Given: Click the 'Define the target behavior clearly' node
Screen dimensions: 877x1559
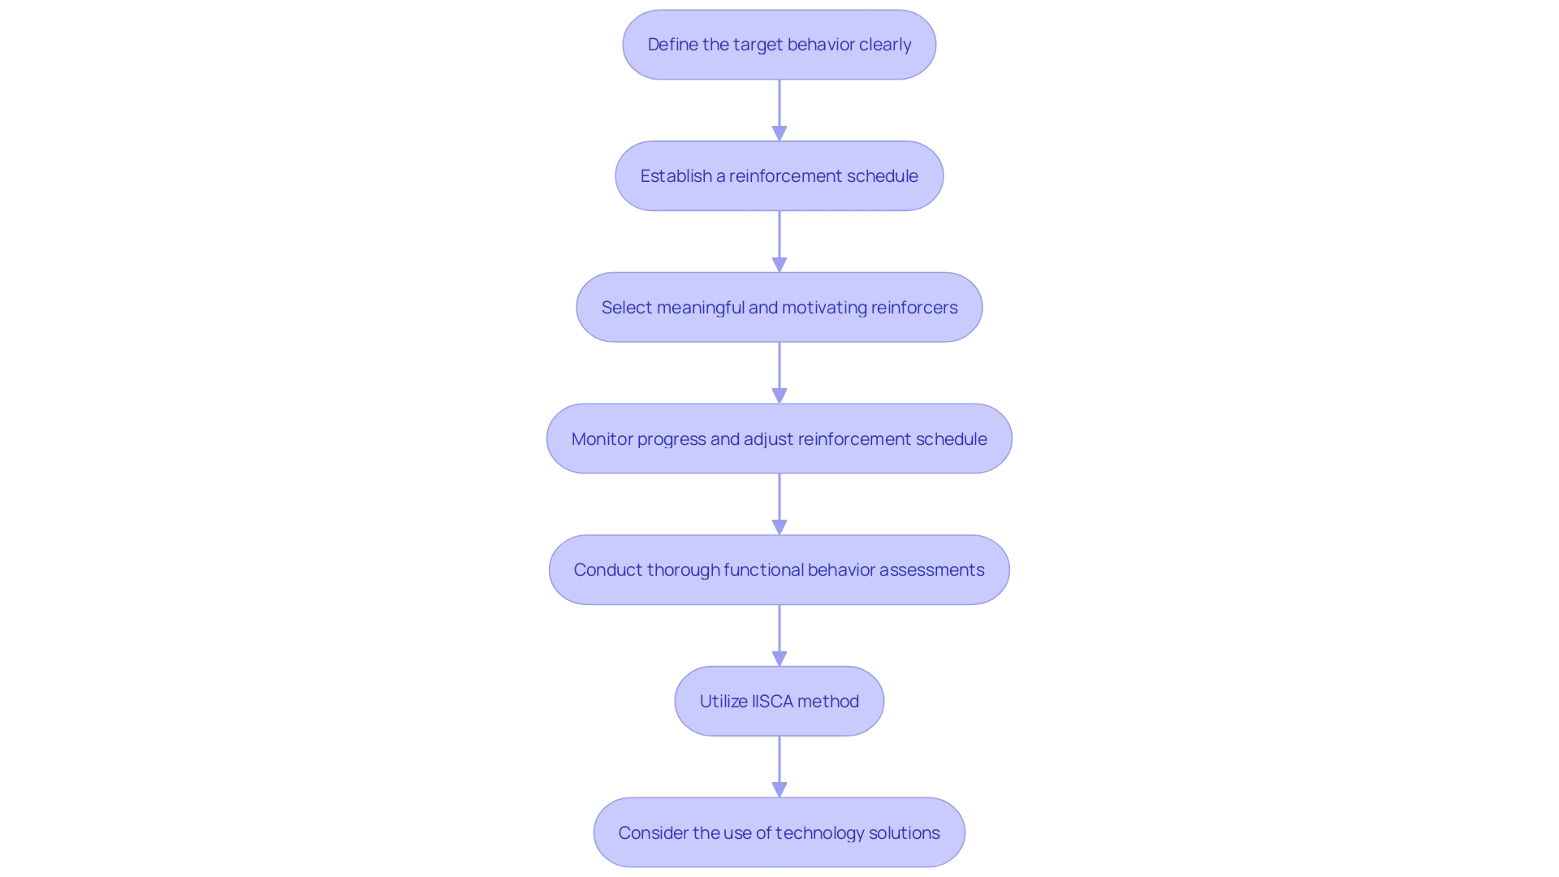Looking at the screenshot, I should (x=779, y=45).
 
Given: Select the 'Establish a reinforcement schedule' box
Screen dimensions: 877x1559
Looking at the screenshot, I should (x=779, y=176).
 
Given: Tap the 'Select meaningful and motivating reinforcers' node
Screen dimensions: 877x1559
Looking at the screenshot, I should (x=779, y=308).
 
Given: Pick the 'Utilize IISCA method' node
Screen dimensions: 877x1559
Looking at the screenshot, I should (x=779, y=702).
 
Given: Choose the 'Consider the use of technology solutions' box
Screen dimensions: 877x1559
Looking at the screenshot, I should (x=779, y=833).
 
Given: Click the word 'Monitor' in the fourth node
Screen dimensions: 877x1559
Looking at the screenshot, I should (x=602, y=439).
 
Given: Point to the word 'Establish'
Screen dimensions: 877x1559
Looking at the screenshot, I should (x=676, y=176).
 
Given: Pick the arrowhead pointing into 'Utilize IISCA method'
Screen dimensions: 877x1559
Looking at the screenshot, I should (x=779, y=659).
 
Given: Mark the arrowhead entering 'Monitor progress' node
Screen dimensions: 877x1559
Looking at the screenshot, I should (x=779, y=395).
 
